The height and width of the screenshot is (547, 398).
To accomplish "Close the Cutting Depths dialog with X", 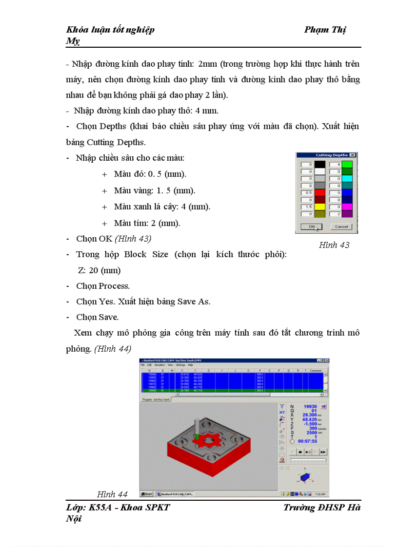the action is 353,155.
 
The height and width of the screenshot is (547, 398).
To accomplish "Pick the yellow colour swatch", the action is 320,207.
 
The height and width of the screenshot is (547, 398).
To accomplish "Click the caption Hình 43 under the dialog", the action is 334,245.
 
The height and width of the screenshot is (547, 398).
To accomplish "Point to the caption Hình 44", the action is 112,494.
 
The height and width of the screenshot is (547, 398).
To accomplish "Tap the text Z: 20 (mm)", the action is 99,270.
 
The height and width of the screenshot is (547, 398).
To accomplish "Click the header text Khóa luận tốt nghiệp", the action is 110,30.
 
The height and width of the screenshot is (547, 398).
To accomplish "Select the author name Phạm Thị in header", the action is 325,30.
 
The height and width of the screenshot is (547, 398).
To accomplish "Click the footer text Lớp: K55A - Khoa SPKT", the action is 118,508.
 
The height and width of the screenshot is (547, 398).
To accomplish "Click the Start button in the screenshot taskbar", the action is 147,494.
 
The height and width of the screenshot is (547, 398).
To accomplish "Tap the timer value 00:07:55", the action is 309,441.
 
